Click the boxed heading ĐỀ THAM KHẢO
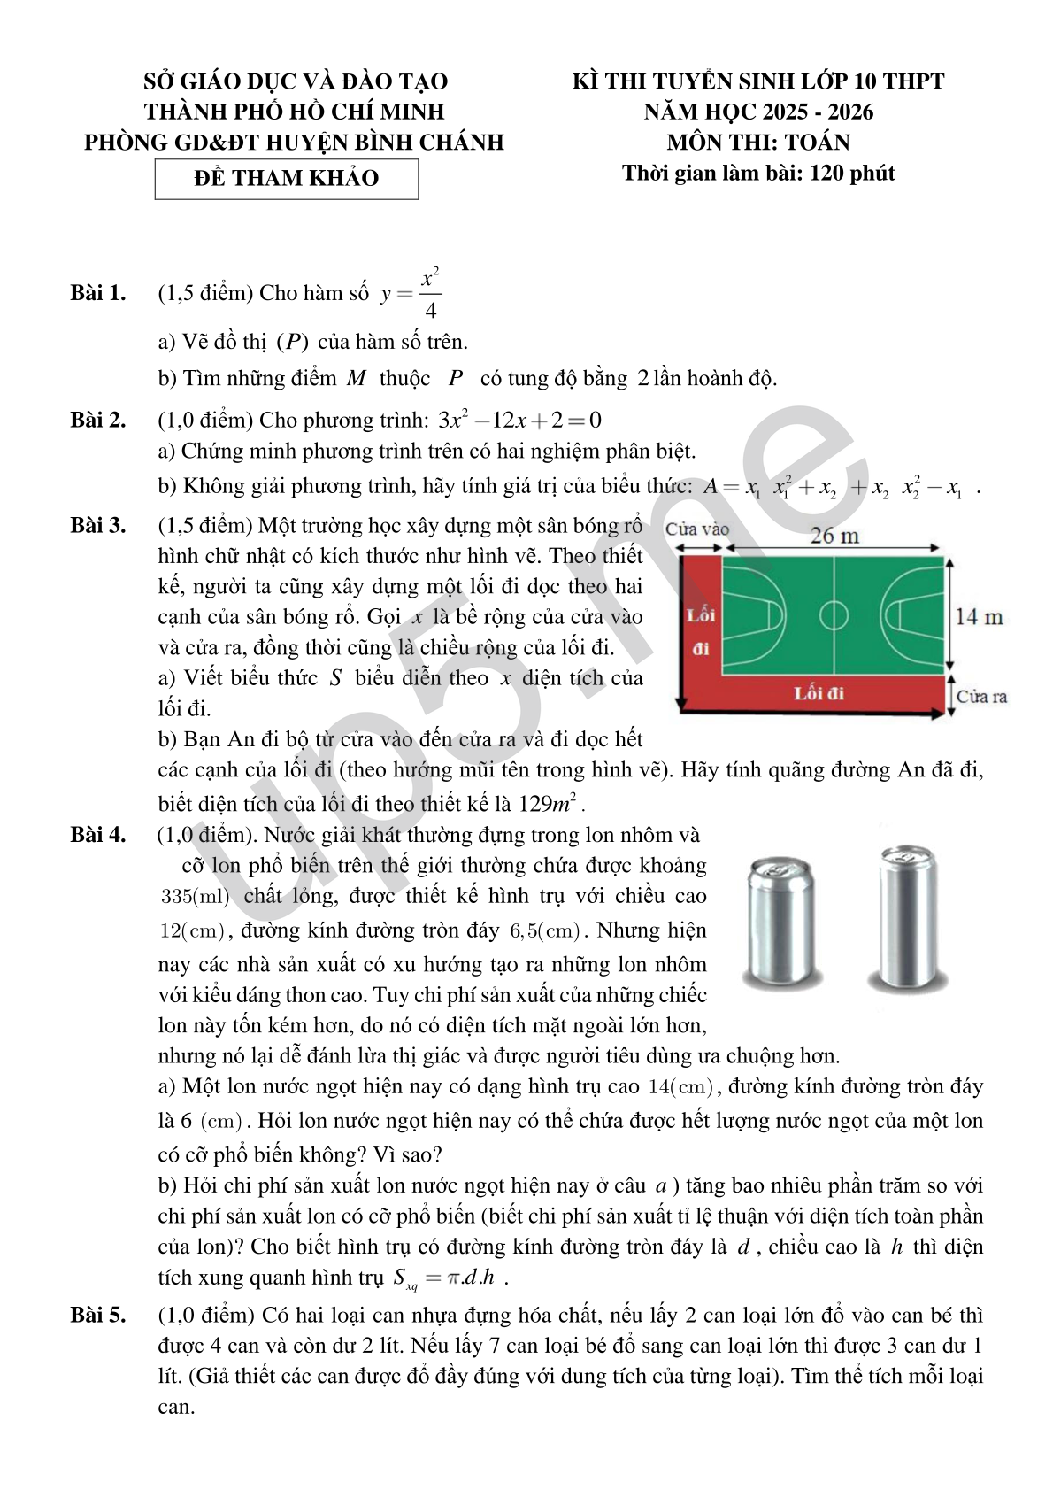coord(286,178)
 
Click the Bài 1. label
coord(97,293)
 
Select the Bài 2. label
coord(97,420)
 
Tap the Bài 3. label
coord(97,525)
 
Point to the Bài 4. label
coord(97,834)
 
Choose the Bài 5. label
coord(97,1315)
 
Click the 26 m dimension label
coord(834,535)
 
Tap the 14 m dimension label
coord(979,616)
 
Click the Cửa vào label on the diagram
coord(696,529)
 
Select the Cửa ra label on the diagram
coord(981,696)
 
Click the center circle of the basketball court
coord(833,615)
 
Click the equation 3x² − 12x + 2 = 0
coord(519,420)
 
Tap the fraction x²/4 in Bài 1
coord(430,293)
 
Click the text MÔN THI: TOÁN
coord(758,142)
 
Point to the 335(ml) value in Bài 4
coord(195,896)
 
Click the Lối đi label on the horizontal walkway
coord(819,693)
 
